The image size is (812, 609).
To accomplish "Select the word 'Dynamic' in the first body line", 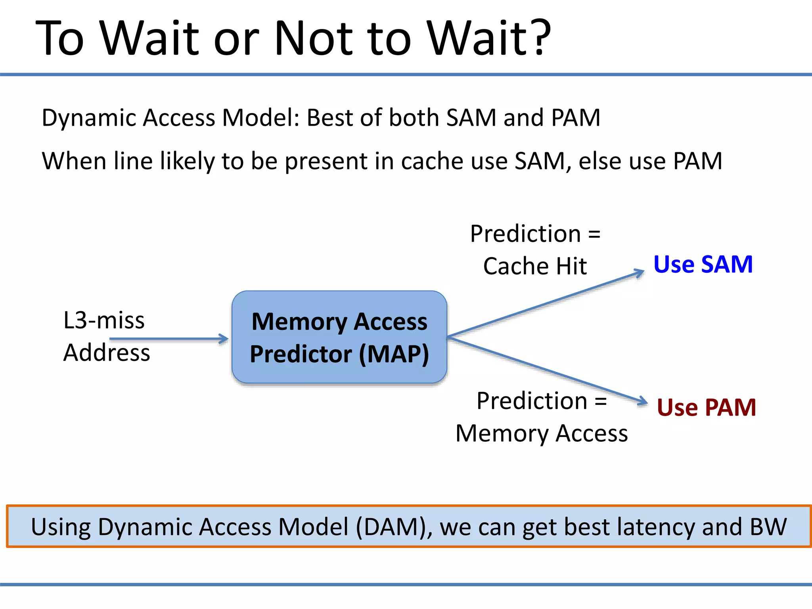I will point(89,118).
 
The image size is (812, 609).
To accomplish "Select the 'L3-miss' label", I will point(104,320).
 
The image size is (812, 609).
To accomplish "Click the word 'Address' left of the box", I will point(107,352).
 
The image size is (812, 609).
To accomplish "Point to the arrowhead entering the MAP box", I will point(224,339).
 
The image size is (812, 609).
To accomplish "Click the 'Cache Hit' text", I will point(535,266).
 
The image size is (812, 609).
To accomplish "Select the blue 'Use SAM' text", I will point(703,264).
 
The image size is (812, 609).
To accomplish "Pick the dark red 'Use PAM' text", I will point(706,407).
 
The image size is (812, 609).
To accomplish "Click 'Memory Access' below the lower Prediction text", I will point(542,433).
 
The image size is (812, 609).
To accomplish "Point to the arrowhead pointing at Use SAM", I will point(640,272).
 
